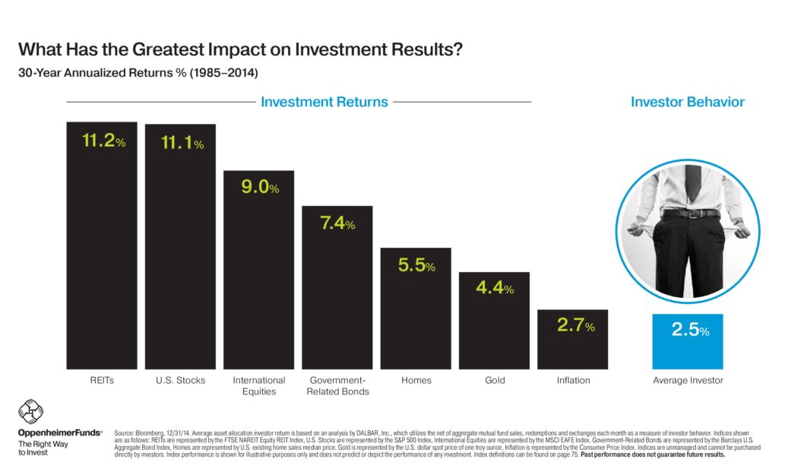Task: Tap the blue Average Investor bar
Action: pyautogui.click(x=688, y=341)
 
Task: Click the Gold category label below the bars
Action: pyautogui.click(x=495, y=380)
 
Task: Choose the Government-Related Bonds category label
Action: pyautogui.click(x=337, y=385)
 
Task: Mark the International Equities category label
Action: pyautogui.click(x=259, y=385)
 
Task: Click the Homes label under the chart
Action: pyautogui.click(x=416, y=380)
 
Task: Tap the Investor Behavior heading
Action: pyautogui.click(x=687, y=102)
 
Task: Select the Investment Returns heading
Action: pyautogui.click(x=324, y=102)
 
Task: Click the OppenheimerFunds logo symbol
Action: pyautogui.click(x=31, y=412)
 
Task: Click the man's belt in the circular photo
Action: pyautogui.click(x=688, y=214)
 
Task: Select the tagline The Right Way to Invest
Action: pyautogui.click(x=38, y=448)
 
